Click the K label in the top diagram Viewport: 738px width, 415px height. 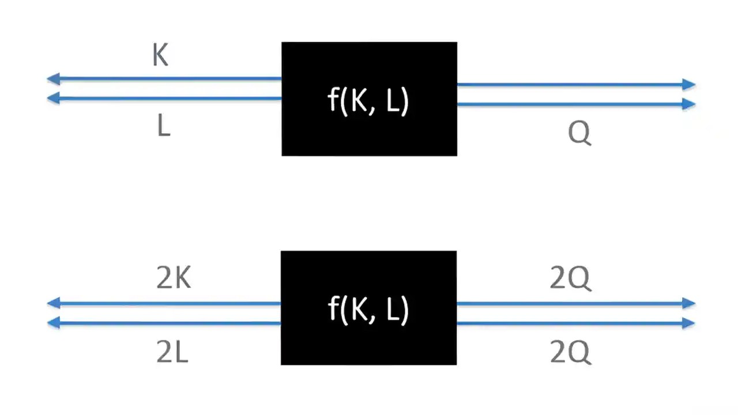160,55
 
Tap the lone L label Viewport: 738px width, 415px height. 164,127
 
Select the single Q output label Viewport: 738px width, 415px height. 579,134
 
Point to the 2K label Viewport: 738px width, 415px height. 173,279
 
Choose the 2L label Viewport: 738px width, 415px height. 172,352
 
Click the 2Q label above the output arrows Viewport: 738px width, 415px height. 570,279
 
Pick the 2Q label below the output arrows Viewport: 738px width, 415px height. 570,352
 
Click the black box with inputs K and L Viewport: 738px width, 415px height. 369,99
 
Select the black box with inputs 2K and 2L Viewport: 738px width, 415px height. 368,308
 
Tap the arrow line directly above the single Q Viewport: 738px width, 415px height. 577,104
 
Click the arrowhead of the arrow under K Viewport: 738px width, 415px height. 54,79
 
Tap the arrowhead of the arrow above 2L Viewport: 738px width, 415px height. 54,323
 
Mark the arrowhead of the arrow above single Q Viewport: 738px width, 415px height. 688,104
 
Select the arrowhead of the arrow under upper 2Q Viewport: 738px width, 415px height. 688,303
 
